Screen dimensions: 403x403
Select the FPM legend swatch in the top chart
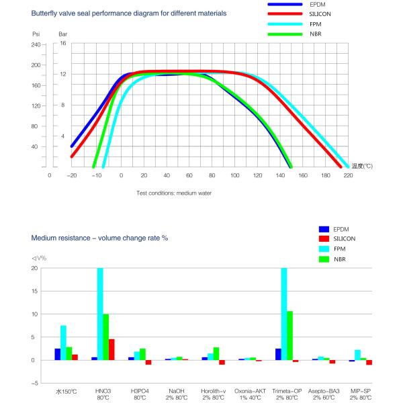coord(289,24)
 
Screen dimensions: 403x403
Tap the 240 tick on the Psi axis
coord(36,44)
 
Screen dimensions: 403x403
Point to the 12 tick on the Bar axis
coord(62,75)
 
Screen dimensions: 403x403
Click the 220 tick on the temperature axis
coord(348,176)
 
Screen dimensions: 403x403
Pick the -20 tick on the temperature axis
coord(71,176)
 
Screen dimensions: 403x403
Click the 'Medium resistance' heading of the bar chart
coord(99,238)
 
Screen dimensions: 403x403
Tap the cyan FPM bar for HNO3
coord(101,314)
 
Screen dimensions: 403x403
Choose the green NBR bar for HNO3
coord(106,337)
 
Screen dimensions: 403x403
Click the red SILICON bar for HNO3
coord(112,349)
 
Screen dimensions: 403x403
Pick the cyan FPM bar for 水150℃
coord(63,343)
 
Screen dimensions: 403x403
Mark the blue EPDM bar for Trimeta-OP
coord(278,354)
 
